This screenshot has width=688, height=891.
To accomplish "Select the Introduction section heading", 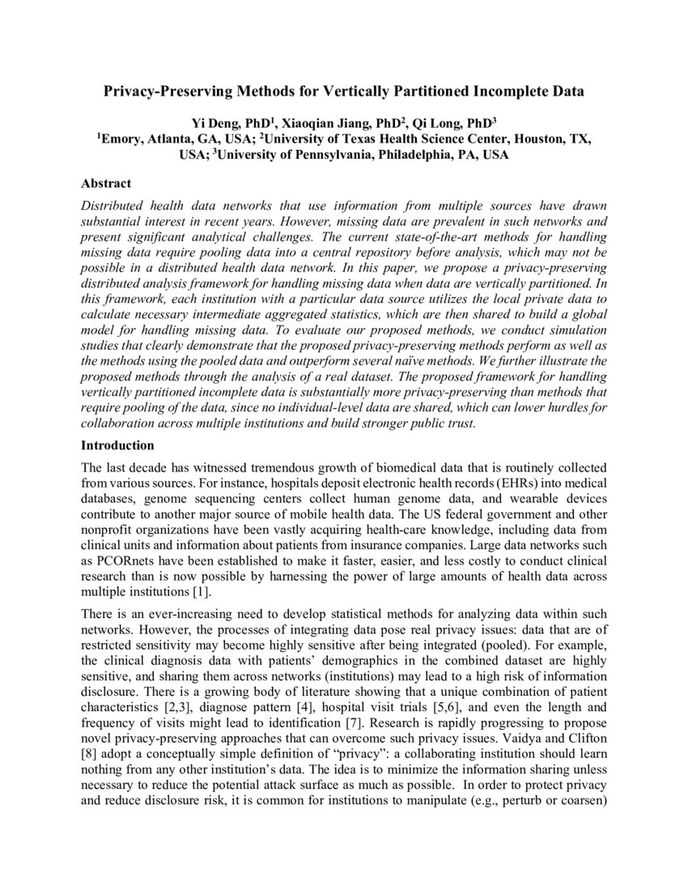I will pos(117,446).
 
